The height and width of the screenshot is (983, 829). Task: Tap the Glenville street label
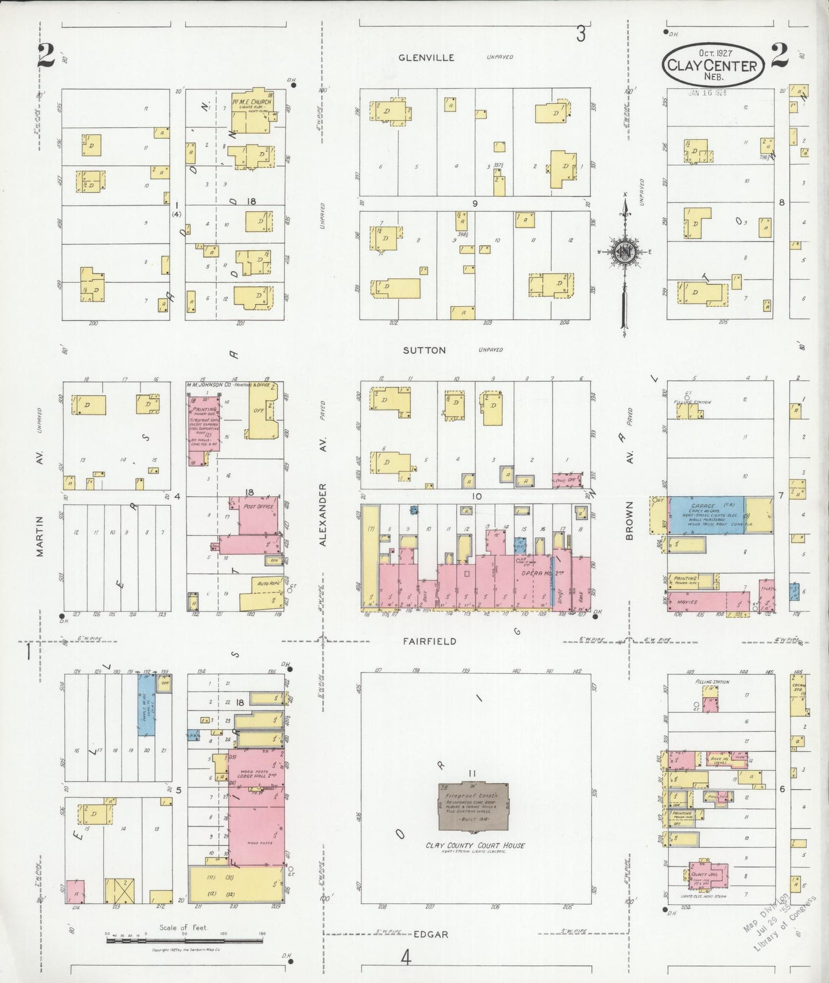click(x=426, y=57)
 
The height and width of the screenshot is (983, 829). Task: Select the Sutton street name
click(x=424, y=350)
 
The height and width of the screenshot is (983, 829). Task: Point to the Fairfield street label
click(x=429, y=641)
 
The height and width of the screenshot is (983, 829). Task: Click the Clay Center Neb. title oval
click(x=713, y=66)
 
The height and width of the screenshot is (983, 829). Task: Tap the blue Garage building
click(x=707, y=514)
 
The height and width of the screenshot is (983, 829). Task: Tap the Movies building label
click(x=687, y=602)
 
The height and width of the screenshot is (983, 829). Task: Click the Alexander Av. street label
click(x=322, y=514)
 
